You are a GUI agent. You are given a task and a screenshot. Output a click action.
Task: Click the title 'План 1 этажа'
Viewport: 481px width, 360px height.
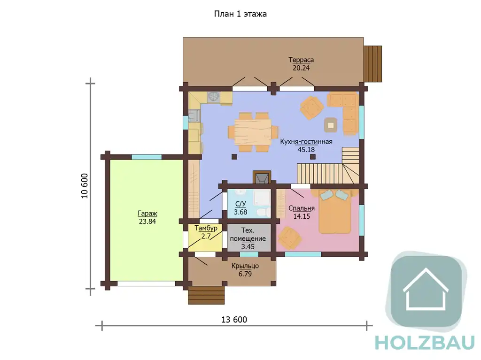click(x=240, y=14)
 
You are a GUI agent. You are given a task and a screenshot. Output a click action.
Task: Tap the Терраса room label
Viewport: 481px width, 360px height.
click(x=301, y=60)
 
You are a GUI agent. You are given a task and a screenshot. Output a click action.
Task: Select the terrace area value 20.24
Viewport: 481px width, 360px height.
click(x=301, y=68)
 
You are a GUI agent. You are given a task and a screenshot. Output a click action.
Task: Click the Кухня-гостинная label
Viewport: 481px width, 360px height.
click(x=306, y=142)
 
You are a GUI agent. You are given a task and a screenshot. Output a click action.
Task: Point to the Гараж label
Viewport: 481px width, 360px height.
click(x=147, y=214)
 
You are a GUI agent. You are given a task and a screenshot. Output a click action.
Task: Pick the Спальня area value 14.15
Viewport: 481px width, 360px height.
click(x=302, y=216)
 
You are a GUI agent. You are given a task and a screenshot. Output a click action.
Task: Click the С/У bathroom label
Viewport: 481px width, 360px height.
click(x=240, y=204)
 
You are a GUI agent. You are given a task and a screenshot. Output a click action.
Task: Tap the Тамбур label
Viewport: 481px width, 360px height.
click(x=206, y=229)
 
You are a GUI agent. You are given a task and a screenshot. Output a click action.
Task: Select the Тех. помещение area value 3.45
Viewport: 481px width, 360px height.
click(x=248, y=247)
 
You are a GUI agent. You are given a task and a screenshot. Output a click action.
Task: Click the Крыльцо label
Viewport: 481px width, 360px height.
click(x=245, y=266)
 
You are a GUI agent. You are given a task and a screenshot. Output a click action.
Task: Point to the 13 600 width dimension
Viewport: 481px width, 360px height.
click(x=234, y=320)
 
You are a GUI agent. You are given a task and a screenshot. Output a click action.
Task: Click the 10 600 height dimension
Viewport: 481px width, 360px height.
click(x=85, y=186)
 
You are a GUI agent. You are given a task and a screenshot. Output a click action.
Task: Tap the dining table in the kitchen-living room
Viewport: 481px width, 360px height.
click(x=253, y=132)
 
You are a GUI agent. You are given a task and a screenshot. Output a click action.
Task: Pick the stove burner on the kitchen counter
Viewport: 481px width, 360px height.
click(x=213, y=97)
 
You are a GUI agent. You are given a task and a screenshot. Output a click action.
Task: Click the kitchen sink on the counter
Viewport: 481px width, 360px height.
click(x=194, y=116)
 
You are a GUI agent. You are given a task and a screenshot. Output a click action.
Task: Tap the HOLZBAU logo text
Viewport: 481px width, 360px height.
click(x=425, y=343)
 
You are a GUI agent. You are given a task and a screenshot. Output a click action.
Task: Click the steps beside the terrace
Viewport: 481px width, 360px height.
click(x=373, y=64)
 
